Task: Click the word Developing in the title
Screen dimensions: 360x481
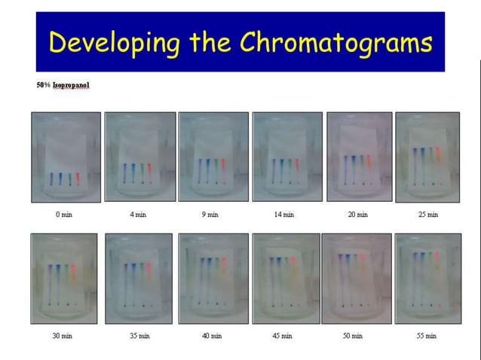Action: [x=113, y=43]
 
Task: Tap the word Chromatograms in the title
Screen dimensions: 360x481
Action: [x=336, y=43]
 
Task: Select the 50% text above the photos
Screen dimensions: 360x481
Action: [x=44, y=85]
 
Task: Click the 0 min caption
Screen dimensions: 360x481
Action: [x=65, y=215]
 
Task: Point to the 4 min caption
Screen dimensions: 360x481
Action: [x=138, y=215]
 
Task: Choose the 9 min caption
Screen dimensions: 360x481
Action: [x=210, y=215]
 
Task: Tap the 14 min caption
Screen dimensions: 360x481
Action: [x=284, y=215]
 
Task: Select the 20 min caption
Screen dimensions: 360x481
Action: [x=357, y=215]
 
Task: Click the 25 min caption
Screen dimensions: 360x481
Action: [x=428, y=215]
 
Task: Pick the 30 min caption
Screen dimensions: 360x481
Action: [x=62, y=335]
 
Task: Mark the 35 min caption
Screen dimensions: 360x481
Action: [x=139, y=335]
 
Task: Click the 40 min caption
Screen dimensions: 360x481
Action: [x=211, y=335]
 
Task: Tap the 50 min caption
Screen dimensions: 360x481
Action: [x=353, y=335]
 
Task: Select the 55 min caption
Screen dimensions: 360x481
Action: [x=427, y=335]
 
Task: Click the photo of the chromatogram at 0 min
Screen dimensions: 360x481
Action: [x=66, y=157]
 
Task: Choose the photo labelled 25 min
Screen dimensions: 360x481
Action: [x=428, y=157]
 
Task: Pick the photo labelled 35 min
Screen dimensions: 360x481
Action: [x=139, y=279]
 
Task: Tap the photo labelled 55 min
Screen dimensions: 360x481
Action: [x=427, y=279]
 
